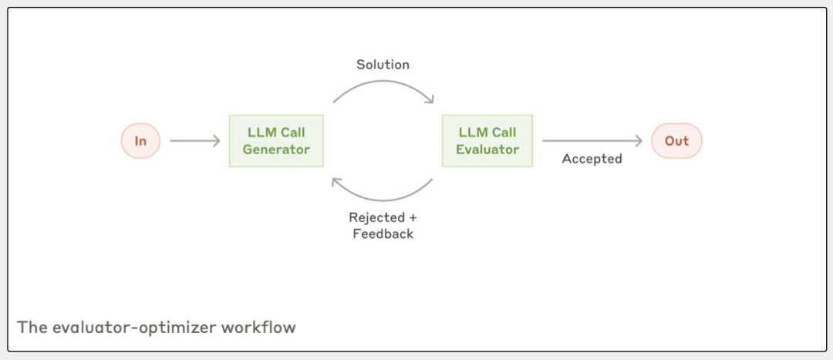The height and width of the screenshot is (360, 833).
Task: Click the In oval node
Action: (140, 141)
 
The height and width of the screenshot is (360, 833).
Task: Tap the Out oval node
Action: (676, 141)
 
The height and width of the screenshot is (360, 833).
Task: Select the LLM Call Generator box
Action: (276, 141)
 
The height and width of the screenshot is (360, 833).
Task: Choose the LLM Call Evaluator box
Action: (487, 141)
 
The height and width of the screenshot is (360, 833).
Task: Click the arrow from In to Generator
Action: (194, 141)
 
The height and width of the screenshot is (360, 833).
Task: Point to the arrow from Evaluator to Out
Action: (592, 140)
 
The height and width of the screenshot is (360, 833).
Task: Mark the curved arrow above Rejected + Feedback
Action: (383, 193)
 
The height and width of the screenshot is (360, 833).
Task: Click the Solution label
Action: (383, 65)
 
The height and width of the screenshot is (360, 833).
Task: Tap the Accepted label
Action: (592, 159)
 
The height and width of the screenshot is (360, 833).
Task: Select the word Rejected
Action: (376, 217)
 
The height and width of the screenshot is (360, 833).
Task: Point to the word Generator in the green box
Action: (276, 150)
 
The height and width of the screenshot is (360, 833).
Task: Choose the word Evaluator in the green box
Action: (487, 150)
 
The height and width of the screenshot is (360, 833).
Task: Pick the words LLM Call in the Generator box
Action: (276, 133)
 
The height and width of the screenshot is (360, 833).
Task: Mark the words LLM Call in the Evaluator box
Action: (487, 133)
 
